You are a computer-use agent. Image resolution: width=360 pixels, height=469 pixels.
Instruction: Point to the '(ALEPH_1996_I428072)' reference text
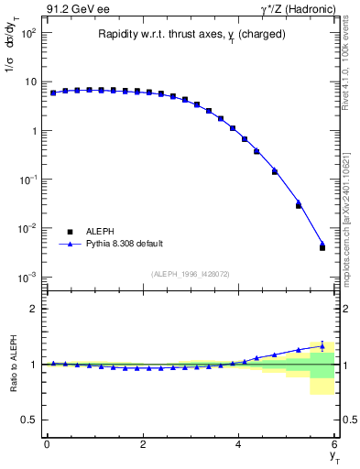pos(190,274)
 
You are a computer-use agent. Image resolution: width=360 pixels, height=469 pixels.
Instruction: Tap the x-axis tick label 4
pos(239,444)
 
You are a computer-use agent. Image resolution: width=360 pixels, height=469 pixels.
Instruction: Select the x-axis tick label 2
pos(143,444)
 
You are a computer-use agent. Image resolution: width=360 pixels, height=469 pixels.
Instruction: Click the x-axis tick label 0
pos(47,444)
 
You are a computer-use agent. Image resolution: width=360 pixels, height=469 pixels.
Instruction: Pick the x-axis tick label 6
pos(335,444)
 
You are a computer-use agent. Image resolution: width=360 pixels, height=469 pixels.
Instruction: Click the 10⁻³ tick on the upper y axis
pos(27,277)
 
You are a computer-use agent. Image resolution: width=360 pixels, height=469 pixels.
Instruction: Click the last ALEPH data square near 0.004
pos(322,247)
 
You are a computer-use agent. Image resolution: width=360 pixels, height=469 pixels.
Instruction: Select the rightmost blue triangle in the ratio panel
pos(322,345)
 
